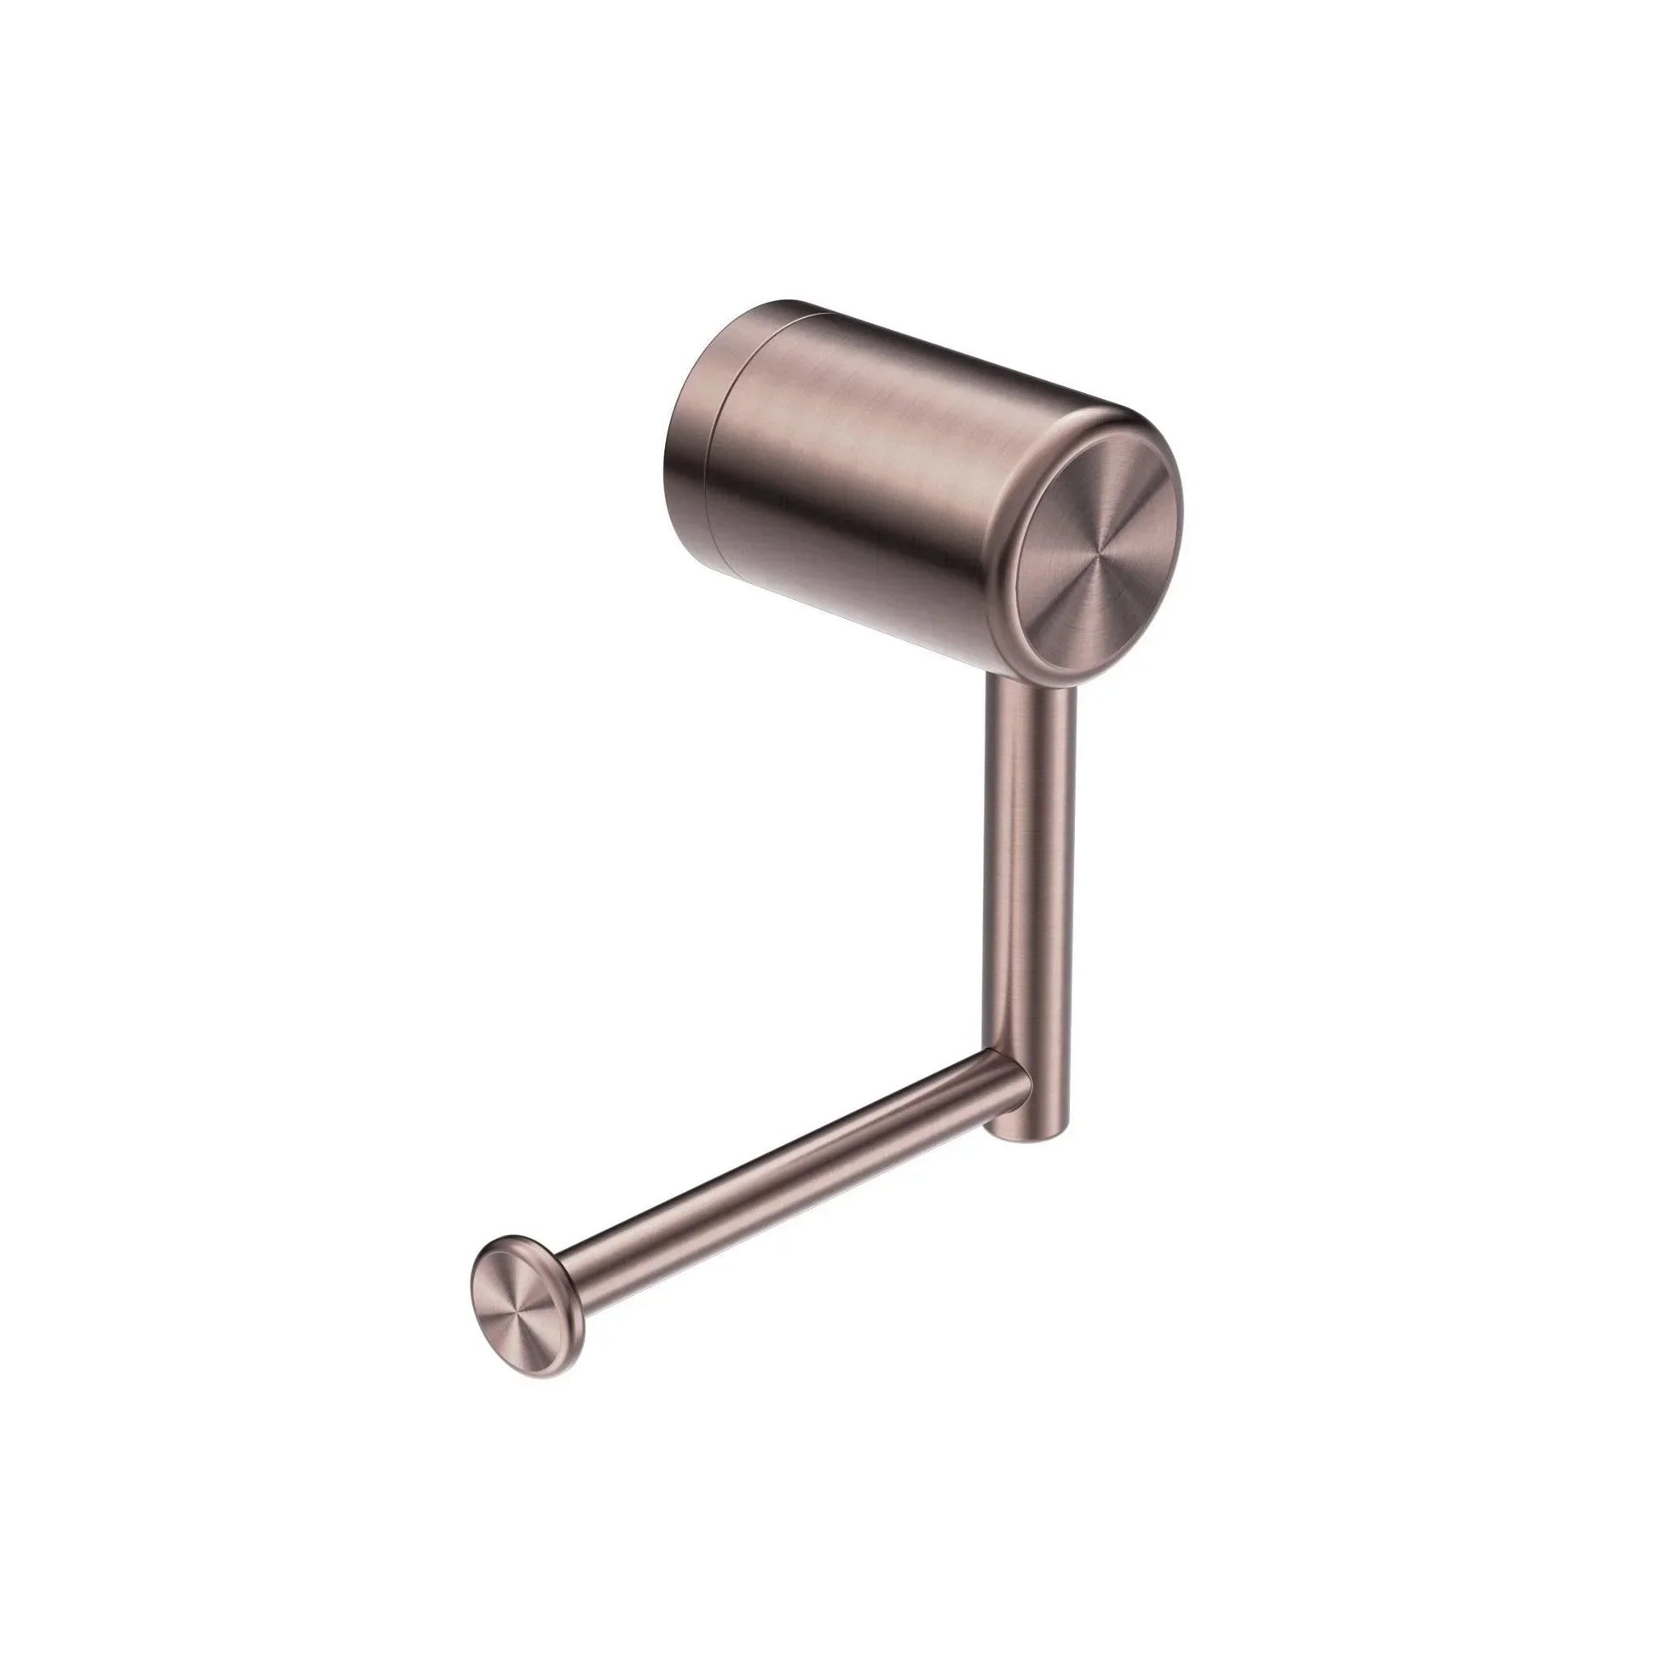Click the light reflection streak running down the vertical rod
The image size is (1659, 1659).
click(x=1014, y=858)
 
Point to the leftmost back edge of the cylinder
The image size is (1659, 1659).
click(x=668, y=464)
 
